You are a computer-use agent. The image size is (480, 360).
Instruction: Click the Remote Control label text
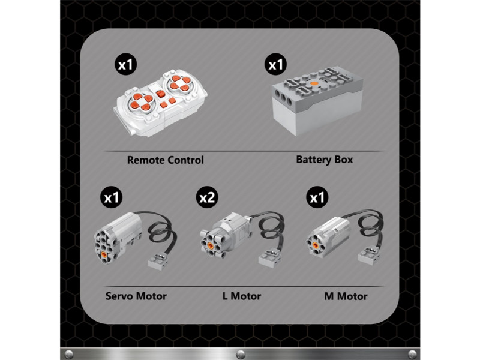[x=166, y=160]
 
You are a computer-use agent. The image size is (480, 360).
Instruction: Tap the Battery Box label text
[x=325, y=160]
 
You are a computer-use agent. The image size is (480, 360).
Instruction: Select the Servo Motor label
[x=136, y=296]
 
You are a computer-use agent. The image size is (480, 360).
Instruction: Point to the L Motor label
[x=242, y=296]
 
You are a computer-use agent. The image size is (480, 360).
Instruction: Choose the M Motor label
[x=346, y=296]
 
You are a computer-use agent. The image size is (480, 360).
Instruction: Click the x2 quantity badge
[x=207, y=197]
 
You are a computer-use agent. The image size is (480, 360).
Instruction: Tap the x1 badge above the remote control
[x=126, y=64]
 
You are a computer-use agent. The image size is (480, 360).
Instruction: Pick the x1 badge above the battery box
[x=276, y=64]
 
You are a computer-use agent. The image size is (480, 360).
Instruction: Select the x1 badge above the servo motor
[x=112, y=197]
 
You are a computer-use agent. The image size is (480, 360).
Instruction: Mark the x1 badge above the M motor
[x=317, y=197]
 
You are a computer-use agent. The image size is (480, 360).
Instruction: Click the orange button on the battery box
[x=313, y=83]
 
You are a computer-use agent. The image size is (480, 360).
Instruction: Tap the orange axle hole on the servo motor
[x=104, y=254]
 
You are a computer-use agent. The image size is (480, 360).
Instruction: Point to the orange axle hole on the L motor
[x=210, y=245]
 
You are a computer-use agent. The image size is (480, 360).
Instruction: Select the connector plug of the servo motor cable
[x=158, y=260]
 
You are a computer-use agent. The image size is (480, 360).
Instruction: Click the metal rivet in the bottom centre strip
[x=241, y=354]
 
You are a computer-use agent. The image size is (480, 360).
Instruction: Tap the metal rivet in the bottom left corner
[x=69, y=354]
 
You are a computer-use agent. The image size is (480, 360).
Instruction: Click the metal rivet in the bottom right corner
[x=412, y=354]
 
